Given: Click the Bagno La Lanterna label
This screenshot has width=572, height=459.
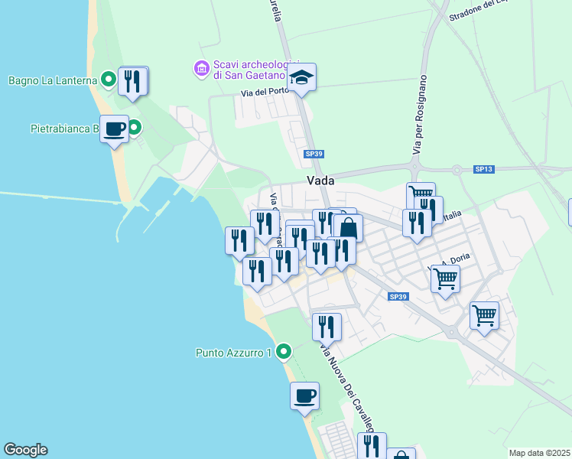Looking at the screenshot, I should tap(52, 80).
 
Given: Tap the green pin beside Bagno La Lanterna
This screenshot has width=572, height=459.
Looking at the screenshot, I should tap(109, 78).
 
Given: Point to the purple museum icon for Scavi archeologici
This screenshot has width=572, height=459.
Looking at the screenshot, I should tap(202, 69).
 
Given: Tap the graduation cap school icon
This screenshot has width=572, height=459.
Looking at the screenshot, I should tap(302, 76).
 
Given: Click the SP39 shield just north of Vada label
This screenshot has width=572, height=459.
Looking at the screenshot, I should tap(314, 154).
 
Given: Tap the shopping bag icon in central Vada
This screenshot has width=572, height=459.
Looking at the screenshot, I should tap(348, 228).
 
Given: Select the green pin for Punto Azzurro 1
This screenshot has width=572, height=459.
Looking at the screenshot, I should tap(284, 352).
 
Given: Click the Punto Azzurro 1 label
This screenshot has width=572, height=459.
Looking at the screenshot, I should tap(234, 353).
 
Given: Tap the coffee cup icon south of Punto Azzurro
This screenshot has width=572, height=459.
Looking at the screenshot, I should tap(304, 396).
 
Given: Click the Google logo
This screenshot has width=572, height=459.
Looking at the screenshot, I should tap(25, 450).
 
